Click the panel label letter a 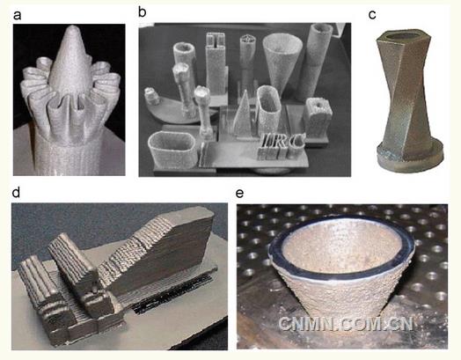click(x=18, y=15)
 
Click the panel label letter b click(x=143, y=12)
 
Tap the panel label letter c click(x=372, y=15)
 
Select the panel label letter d click(x=16, y=193)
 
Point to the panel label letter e click(x=240, y=194)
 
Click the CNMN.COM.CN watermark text click(x=346, y=324)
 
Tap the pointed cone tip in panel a click(x=73, y=27)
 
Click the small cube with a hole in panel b click(x=318, y=117)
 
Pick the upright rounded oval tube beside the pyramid click(x=267, y=110)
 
